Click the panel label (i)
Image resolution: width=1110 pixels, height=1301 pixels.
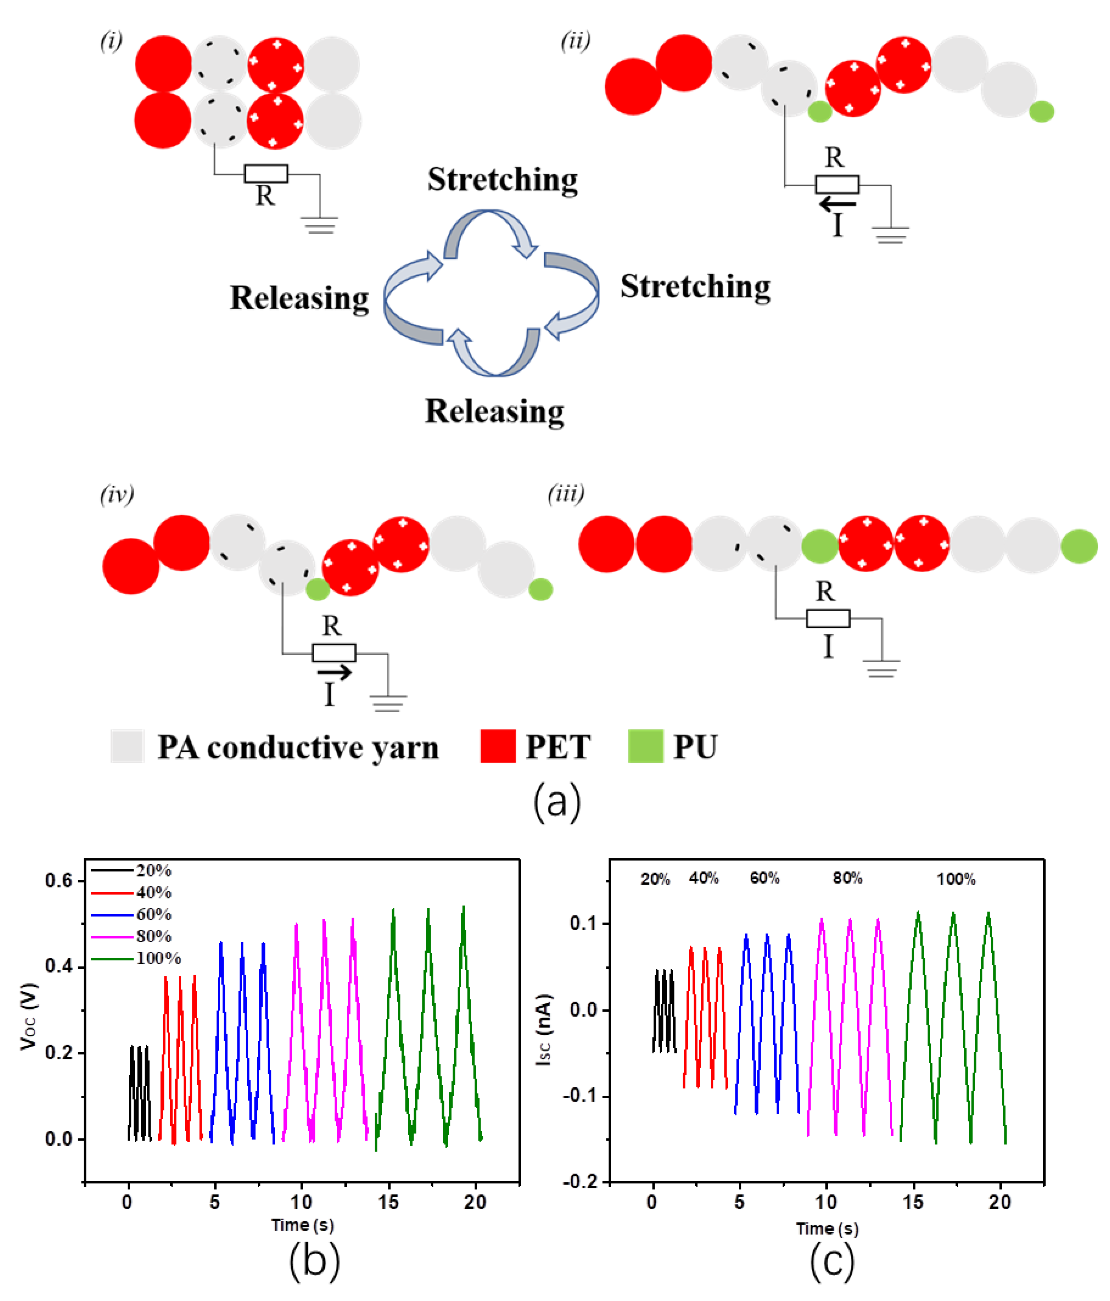[111, 42]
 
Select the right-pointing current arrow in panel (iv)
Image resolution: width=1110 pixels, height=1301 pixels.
[334, 672]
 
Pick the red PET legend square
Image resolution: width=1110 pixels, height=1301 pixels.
[498, 746]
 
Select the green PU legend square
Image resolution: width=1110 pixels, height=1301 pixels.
[645, 746]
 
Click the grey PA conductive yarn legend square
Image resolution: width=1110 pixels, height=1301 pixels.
[128, 746]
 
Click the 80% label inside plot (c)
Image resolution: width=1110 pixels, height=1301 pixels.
[847, 878]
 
